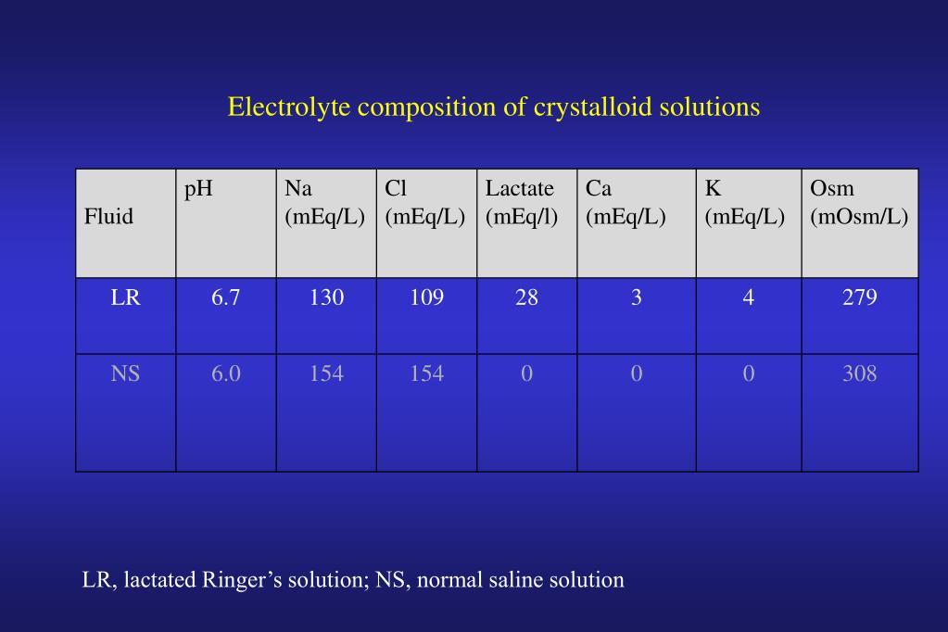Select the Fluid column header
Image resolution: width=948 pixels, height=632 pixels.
click(109, 217)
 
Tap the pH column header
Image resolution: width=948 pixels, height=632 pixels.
click(198, 189)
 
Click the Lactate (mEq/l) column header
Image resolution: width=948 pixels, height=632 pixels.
click(521, 203)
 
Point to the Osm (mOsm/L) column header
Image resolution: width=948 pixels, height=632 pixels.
click(858, 203)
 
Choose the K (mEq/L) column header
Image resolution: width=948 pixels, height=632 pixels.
click(744, 203)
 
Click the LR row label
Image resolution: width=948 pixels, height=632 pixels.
click(125, 297)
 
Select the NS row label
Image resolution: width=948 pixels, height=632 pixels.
click(125, 373)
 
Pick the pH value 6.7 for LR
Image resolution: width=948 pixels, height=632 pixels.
click(225, 297)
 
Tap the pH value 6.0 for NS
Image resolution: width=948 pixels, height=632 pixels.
click(225, 373)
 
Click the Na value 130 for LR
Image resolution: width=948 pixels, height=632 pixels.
click(326, 297)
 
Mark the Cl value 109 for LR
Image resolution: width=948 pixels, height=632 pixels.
click(426, 297)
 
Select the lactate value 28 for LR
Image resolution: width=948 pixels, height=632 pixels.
click(526, 297)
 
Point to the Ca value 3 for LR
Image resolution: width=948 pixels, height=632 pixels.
click(636, 297)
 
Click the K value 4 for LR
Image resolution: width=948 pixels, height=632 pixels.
click(748, 297)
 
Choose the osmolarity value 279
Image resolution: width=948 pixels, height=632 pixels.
click(859, 297)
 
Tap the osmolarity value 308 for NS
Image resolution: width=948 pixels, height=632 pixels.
click(859, 373)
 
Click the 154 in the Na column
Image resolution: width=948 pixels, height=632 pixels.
click(326, 373)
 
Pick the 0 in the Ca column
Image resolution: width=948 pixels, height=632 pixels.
click(636, 373)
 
